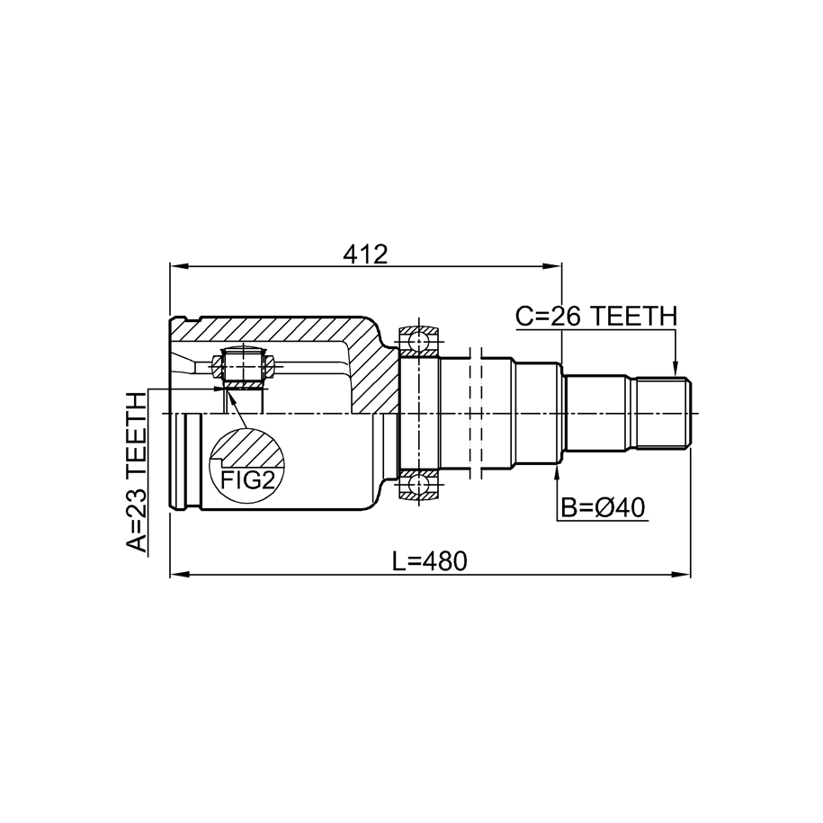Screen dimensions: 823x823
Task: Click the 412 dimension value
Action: [365, 255]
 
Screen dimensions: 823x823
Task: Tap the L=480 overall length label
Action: [429, 561]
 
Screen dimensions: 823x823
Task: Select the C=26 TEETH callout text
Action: [596, 317]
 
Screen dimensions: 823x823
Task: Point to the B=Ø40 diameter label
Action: [603, 508]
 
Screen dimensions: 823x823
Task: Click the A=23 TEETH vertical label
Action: [137, 472]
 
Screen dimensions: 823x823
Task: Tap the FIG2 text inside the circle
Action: [247, 479]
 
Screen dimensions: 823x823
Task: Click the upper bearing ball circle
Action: [419, 341]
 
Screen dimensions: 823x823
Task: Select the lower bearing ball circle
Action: [419, 484]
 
